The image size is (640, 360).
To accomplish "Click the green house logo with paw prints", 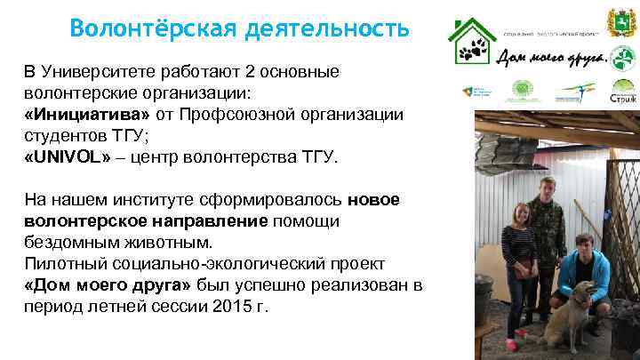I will tap(472, 42).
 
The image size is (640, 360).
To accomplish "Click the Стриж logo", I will tap(623, 91).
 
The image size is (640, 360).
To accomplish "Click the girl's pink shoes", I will tap(512, 342).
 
